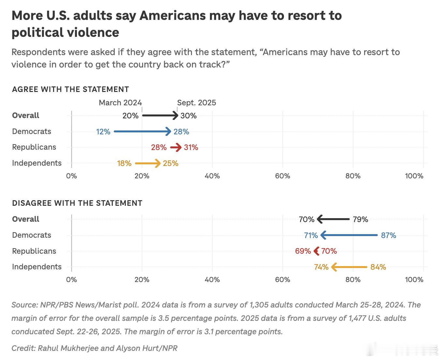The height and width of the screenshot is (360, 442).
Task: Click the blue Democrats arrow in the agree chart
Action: click(142, 131)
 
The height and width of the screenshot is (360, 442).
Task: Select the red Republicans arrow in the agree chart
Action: click(176, 147)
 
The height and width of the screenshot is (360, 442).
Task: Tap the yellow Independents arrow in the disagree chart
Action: click(349, 267)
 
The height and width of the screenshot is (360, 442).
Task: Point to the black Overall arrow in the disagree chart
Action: click(333, 219)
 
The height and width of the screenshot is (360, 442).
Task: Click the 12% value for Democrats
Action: click(103, 132)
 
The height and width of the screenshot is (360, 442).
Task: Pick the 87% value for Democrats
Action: click(389, 235)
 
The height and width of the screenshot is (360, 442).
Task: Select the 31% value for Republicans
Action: click(191, 147)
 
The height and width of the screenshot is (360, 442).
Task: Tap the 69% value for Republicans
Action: click(303, 251)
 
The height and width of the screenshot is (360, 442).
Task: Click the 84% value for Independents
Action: click(378, 267)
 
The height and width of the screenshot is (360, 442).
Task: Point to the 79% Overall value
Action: click(361, 219)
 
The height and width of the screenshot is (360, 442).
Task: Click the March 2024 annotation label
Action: click(120, 103)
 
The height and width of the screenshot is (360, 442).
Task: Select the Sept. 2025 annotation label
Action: click(197, 103)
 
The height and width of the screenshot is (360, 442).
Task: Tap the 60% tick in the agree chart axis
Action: click(282, 176)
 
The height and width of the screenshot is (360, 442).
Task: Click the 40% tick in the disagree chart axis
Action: click(212, 280)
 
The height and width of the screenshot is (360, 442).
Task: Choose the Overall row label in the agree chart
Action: click(25, 115)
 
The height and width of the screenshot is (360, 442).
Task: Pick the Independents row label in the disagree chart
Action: click(37, 267)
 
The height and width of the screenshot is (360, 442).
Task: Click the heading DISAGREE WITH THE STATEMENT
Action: click(77, 203)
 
